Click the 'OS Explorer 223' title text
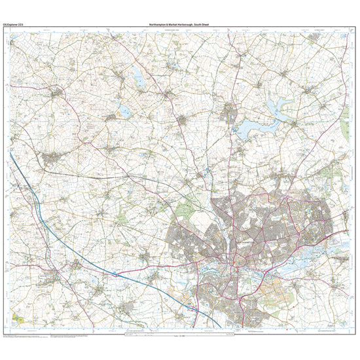click(14, 24)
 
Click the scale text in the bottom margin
click(180, 338)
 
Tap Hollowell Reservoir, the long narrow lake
click(139, 77)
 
